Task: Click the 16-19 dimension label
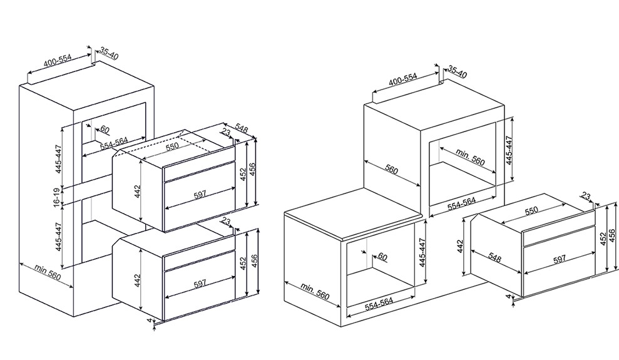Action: click(58, 197)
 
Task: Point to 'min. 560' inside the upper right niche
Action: click(470, 157)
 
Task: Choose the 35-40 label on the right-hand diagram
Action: click(457, 72)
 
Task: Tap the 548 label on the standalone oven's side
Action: click(494, 258)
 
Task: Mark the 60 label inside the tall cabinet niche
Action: click(105, 129)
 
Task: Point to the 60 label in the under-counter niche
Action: click(382, 257)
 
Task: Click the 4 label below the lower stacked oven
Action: click(149, 321)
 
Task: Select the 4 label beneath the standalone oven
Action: click(509, 296)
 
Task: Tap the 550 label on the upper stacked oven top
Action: click(172, 145)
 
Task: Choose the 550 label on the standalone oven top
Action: click(531, 210)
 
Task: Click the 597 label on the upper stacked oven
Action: click(200, 194)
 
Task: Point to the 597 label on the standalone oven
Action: click(559, 259)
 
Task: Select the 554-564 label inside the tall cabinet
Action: click(114, 143)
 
